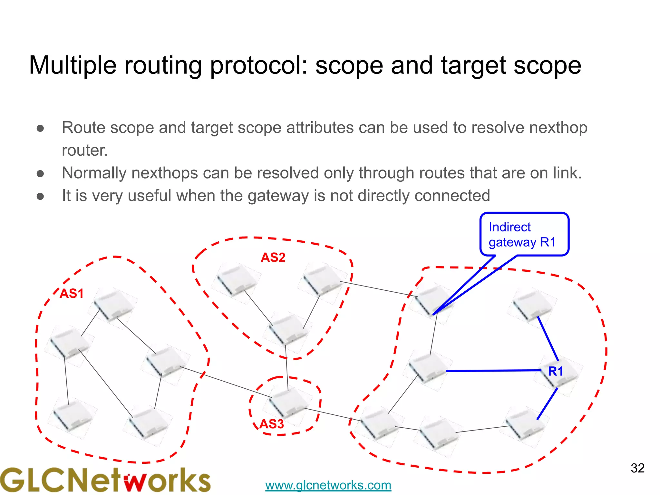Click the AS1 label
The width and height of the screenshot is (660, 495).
[72, 294]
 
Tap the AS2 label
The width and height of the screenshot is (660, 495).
[273, 257]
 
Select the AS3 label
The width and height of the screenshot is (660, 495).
[272, 424]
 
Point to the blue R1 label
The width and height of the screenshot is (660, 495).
[556, 371]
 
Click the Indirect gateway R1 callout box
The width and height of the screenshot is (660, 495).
[524, 234]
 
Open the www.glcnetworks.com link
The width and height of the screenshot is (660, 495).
[328, 485]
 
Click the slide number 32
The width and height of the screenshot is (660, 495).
[637, 468]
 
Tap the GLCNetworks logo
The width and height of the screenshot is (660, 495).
[105, 480]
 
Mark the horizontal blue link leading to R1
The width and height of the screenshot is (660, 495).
[493, 371]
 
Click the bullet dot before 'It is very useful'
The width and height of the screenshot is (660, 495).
[40, 196]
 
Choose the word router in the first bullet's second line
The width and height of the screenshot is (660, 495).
[85, 150]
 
